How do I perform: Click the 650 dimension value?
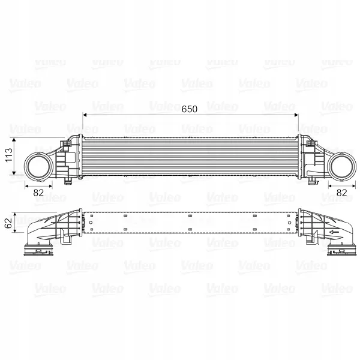(190, 109)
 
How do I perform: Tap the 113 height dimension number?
(9, 155)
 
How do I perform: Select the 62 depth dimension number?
(8, 223)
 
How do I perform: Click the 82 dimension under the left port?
(38, 193)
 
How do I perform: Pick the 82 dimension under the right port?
(341, 193)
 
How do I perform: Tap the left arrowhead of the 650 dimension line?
(84, 115)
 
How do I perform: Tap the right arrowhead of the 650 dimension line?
(296, 115)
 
